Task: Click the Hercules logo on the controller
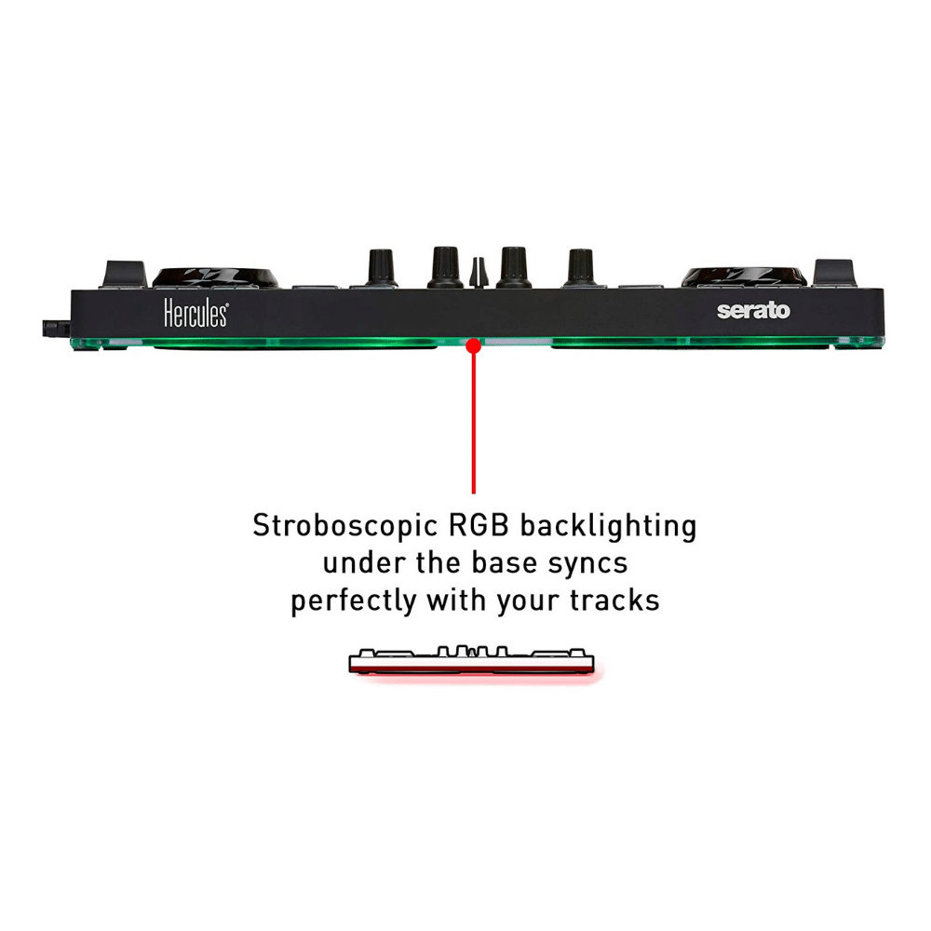[x=196, y=313]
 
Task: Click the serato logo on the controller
[x=753, y=311]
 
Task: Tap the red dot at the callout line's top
[x=473, y=345]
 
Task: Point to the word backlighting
[x=608, y=527]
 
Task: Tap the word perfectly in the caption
[x=354, y=600]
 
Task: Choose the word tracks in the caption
[x=614, y=600]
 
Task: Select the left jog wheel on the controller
[x=215, y=277]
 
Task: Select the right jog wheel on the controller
[x=744, y=277]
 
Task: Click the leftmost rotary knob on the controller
[x=381, y=268]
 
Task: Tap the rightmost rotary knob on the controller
[x=580, y=268]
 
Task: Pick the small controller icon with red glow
[x=472, y=661]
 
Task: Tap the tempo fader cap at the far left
[x=125, y=275]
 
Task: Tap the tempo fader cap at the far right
[x=833, y=274]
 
